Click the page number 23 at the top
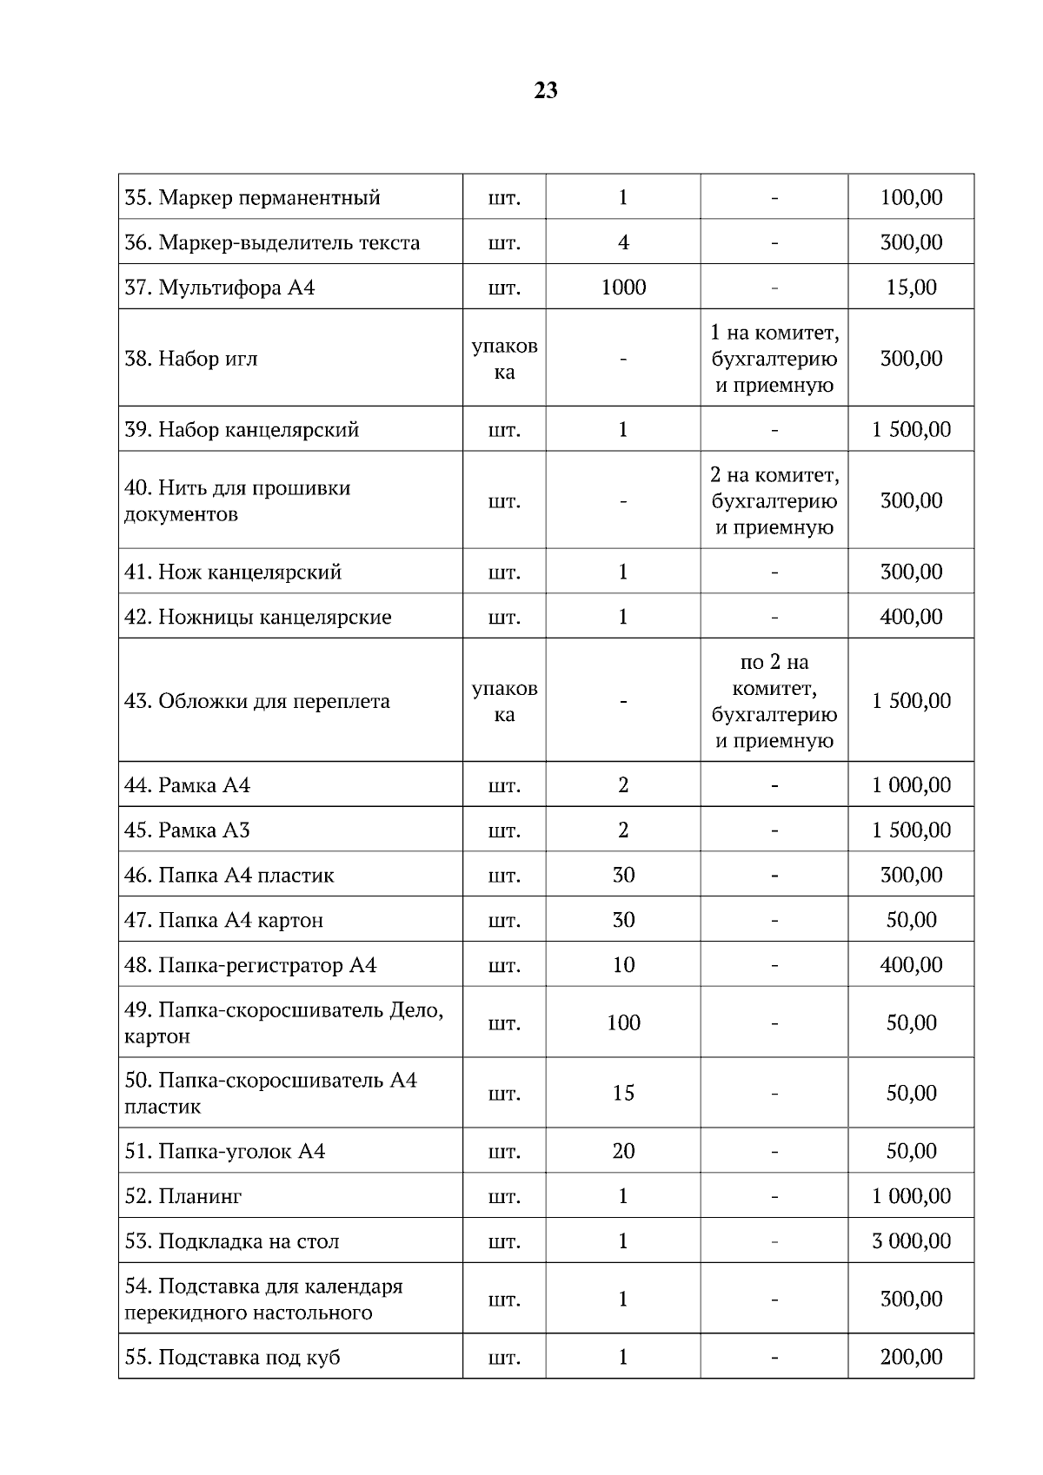pyautogui.click(x=546, y=90)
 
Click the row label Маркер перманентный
pyautogui.click(x=252, y=197)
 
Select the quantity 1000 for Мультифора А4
pyautogui.click(x=623, y=288)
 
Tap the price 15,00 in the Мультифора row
pyautogui.click(x=911, y=288)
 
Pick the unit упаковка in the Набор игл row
pyautogui.click(x=504, y=359)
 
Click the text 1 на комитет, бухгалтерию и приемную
pyautogui.click(x=774, y=359)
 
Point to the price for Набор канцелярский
pyautogui.click(x=911, y=430)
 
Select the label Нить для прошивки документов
pyautogui.click(x=236, y=500)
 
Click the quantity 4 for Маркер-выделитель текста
pyautogui.click(x=623, y=242)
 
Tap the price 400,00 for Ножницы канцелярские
pyautogui.click(x=911, y=617)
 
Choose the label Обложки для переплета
pyautogui.click(x=257, y=701)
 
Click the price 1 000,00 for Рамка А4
pyautogui.click(x=911, y=785)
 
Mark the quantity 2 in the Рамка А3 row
pyautogui.click(x=623, y=830)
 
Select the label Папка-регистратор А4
pyautogui.click(x=250, y=965)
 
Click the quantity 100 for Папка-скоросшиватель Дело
pyautogui.click(x=623, y=1022)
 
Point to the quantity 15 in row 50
pyautogui.click(x=623, y=1093)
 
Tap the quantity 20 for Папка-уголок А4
pyautogui.click(x=623, y=1151)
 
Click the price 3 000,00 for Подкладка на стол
pyautogui.click(x=911, y=1241)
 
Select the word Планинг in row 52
pyautogui.click(x=200, y=1196)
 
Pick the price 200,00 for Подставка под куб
pyautogui.click(x=911, y=1357)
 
